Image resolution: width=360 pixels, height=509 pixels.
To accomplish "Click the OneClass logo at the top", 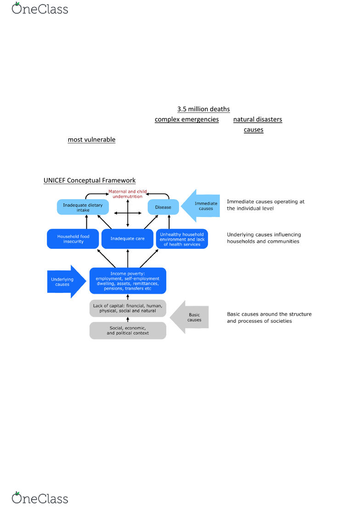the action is (x=40, y=8).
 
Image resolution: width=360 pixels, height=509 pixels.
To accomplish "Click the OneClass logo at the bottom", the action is (x=40, y=498).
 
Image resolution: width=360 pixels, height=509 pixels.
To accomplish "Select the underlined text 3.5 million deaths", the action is (x=203, y=109).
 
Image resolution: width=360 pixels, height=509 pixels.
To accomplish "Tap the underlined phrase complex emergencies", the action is (x=187, y=119).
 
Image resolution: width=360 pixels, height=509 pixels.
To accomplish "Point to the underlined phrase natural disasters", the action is (x=258, y=119).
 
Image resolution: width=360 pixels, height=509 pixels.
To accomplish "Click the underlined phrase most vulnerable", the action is (x=92, y=140).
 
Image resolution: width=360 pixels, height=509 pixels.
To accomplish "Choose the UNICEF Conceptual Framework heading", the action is (x=90, y=180).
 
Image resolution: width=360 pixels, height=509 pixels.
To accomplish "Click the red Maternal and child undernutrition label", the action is (x=127, y=194).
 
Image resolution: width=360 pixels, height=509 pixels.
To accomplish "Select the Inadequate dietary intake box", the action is (x=83, y=207).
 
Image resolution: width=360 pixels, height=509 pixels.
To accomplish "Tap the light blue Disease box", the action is (x=163, y=207).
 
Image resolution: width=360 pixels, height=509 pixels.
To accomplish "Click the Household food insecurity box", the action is (x=73, y=239).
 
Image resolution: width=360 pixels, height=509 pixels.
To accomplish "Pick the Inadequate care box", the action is (x=127, y=239).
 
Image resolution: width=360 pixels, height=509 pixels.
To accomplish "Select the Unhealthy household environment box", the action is (x=182, y=239).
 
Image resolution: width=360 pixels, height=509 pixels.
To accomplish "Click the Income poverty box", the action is (x=128, y=281).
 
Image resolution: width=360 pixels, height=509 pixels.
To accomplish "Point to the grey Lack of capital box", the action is (x=128, y=308).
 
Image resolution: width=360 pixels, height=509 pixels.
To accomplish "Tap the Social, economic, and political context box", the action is (x=128, y=330).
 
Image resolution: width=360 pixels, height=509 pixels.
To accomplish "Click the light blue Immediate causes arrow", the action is (x=201, y=206).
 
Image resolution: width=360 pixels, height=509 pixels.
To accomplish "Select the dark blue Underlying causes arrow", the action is (x=67, y=281).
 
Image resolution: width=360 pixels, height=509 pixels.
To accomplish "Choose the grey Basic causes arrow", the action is (x=189, y=317).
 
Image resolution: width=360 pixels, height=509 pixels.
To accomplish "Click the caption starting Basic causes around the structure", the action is (x=269, y=318).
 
